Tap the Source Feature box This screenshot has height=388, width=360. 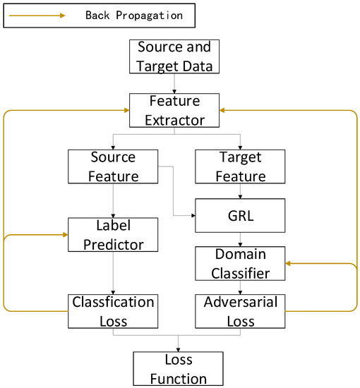[x=113, y=166]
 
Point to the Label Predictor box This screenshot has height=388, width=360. [x=113, y=236]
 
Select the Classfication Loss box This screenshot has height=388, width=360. [x=113, y=310]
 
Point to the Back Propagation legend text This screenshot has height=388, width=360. [x=133, y=14]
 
